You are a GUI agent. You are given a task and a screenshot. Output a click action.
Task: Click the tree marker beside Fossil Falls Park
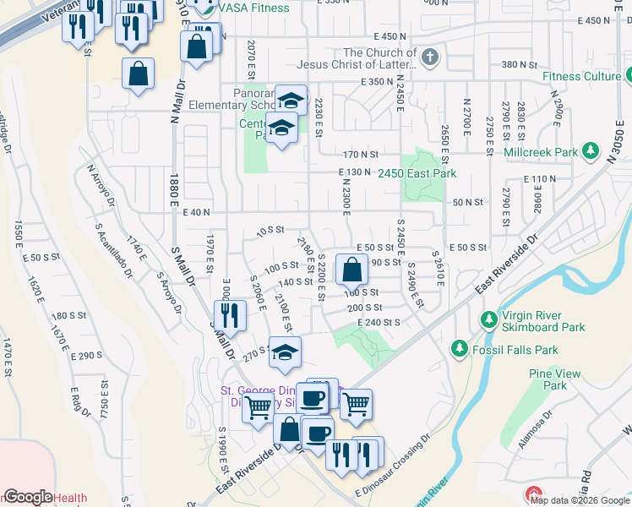tap(459, 347)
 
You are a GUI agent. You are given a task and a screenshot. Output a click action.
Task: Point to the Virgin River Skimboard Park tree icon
tap(488, 319)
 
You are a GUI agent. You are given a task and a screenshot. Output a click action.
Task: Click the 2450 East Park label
tap(417, 173)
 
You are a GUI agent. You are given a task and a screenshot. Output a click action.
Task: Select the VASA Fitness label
tap(253, 8)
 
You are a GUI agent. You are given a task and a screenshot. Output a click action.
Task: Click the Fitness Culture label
tap(581, 76)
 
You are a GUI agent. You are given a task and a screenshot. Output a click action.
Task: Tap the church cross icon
tap(429, 58)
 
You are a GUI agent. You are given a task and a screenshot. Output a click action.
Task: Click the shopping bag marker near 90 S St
tap(351, 270)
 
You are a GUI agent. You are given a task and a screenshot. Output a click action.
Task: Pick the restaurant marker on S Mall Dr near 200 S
tap(229, 315)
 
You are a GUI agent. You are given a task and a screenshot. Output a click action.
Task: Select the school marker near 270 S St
tap(286, 353)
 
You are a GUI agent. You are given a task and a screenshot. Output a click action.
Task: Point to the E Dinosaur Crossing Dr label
tap(393, 479)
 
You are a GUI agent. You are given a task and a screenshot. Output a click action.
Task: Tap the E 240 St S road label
tap(378, 322)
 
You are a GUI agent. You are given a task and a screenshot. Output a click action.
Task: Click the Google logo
tap(28, 497)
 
